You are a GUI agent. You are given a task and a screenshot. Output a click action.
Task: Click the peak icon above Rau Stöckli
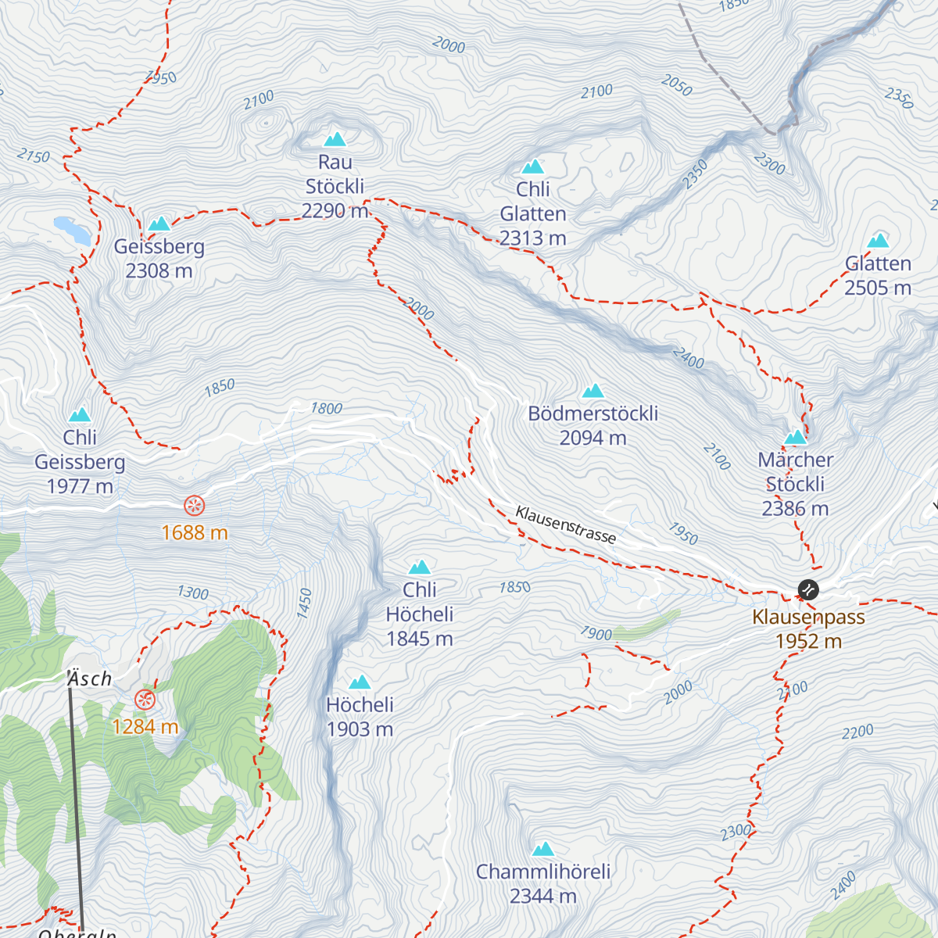coord(335,139)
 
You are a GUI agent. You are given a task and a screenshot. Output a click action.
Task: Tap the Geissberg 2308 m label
coord(159,259)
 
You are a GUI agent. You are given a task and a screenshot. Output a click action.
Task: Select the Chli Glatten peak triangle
coord(532,166)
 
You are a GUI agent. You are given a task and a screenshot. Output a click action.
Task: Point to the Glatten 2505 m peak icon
coord(878,241)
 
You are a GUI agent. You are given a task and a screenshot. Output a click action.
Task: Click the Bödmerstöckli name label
coord(593,414)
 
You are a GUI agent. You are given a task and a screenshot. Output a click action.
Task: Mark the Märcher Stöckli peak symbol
coord(795,437)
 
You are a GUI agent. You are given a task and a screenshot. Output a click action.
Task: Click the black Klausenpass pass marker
coord(807,589)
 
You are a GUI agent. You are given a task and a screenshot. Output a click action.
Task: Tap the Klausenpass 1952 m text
coord(808,629)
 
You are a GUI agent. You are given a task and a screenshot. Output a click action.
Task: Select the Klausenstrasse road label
coord(565,524)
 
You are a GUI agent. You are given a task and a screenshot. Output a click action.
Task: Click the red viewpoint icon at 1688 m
coord(194,506)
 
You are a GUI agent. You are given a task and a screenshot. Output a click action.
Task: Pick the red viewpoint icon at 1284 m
coord(145,700)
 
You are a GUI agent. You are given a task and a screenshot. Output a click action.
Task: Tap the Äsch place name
coord(90,678)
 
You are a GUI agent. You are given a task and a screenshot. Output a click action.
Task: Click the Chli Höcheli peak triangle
coord(420,567)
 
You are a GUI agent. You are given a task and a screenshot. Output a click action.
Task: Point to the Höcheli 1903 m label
coord(360,717)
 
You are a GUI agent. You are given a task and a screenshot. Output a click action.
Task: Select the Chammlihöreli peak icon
coord(542,849)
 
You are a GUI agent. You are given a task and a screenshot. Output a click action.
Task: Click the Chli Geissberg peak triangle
coord(79,415)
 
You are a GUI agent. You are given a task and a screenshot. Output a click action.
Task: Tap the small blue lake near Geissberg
coord(72,230)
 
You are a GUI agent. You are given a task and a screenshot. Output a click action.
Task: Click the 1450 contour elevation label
coord(305,603)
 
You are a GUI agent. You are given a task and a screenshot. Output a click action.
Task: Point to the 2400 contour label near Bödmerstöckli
coord(688,358)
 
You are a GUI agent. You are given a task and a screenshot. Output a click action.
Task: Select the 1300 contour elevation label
coord(192,593)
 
